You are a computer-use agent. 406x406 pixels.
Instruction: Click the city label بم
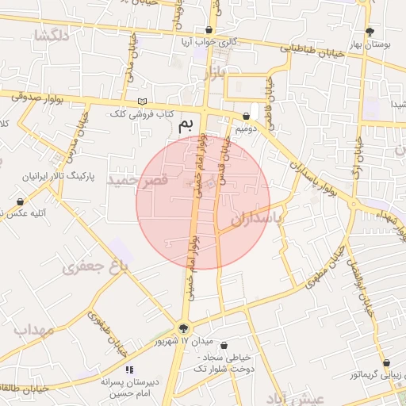tap(186, 124)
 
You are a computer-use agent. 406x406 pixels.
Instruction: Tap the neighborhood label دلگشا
tap(49, 36)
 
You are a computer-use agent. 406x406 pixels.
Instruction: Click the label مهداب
tap(33, 329)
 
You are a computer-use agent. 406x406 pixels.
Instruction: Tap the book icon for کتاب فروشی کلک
tap(143, 101)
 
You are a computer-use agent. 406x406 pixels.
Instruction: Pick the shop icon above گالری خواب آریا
tap(209, 30)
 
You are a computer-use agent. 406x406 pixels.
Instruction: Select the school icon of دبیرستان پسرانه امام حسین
tap(129, 370)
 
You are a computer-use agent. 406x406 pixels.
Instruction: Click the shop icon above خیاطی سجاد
tap(225, 346)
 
